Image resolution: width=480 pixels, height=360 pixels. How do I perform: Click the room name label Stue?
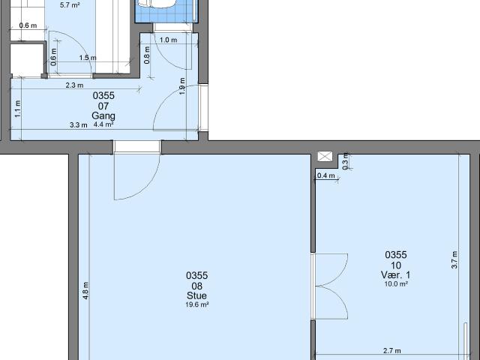(196, 295)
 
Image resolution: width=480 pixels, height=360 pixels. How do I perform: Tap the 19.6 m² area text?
(196, 304)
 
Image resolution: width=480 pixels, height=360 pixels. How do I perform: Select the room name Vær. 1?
(395, 274)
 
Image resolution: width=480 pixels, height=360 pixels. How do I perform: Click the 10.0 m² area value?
(395, 284)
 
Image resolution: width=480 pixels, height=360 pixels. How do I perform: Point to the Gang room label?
(103, 115)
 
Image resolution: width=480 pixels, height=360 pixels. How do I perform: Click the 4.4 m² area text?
(103, 124)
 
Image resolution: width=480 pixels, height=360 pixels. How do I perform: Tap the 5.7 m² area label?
(70, 4)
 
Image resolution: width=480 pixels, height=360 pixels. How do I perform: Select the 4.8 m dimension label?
(86, 289)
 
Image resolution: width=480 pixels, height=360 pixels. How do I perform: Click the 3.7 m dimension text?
(454, 258)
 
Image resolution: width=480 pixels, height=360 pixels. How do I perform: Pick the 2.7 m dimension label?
(391, 350)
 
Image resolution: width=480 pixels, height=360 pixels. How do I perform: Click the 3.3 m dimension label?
(79, 124)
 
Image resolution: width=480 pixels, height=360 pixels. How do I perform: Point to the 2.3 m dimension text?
(74, 85)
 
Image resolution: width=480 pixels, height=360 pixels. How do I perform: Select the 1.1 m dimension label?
(18, 109)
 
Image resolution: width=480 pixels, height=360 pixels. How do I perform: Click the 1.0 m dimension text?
(169, 40)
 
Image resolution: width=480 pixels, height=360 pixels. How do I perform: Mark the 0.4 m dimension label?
(325, 175)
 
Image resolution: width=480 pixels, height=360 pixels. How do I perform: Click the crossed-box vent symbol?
(325, 156)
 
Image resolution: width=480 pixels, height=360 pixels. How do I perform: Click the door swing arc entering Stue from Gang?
(136, 180)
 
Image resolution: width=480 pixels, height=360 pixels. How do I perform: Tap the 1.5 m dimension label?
(87, 58)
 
